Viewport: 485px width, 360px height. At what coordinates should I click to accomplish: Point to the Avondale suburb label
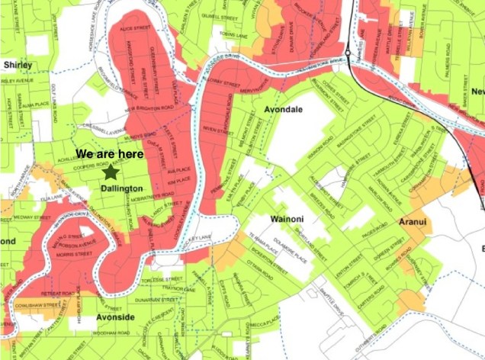pos(283,110)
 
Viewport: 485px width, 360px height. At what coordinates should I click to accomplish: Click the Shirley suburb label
pos(18,65)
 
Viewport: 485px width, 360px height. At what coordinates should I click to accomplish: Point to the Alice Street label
pos(143,27)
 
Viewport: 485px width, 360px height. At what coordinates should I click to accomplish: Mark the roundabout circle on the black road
pos(347,53)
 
